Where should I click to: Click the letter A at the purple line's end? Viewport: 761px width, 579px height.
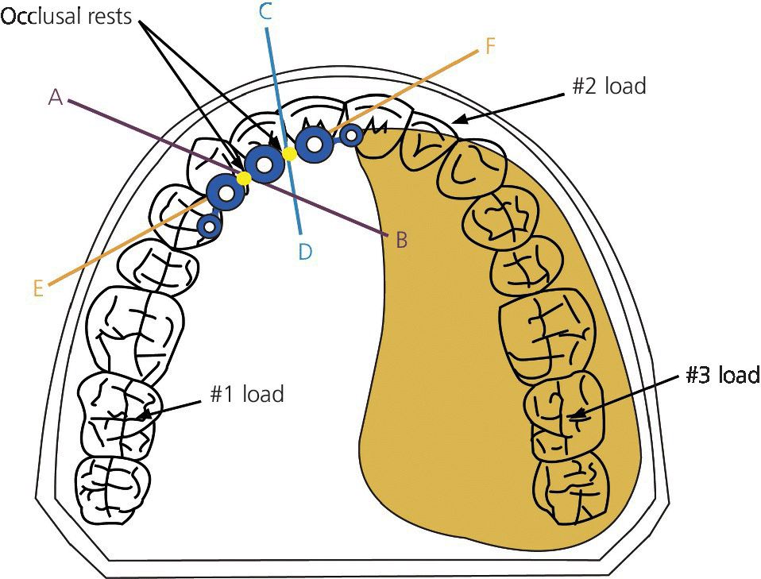click(55, 97)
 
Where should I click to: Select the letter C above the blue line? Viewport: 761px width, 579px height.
click(266, 11)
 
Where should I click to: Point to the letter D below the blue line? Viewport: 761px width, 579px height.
click(305, 253)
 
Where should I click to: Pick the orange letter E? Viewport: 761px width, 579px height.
click(38, 289)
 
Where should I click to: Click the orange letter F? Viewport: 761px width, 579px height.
click(489, 47)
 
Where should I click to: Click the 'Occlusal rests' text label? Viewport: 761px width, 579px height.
click(67, 17)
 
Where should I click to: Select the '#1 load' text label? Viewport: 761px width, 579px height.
click(247, 393)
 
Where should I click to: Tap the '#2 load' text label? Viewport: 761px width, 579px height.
click(608, 86)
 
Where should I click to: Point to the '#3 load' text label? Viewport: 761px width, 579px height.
click(722, 375)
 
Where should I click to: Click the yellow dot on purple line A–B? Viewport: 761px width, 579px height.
click(244, 179)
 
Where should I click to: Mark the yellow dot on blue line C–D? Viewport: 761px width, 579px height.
click(290, 153)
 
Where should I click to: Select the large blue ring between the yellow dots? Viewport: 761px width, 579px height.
click(264, 164)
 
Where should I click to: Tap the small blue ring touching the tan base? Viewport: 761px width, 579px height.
click(351, 137)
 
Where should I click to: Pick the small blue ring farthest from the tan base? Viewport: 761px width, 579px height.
click(209, 226)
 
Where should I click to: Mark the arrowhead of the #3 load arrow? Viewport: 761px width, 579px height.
click(575, 414)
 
